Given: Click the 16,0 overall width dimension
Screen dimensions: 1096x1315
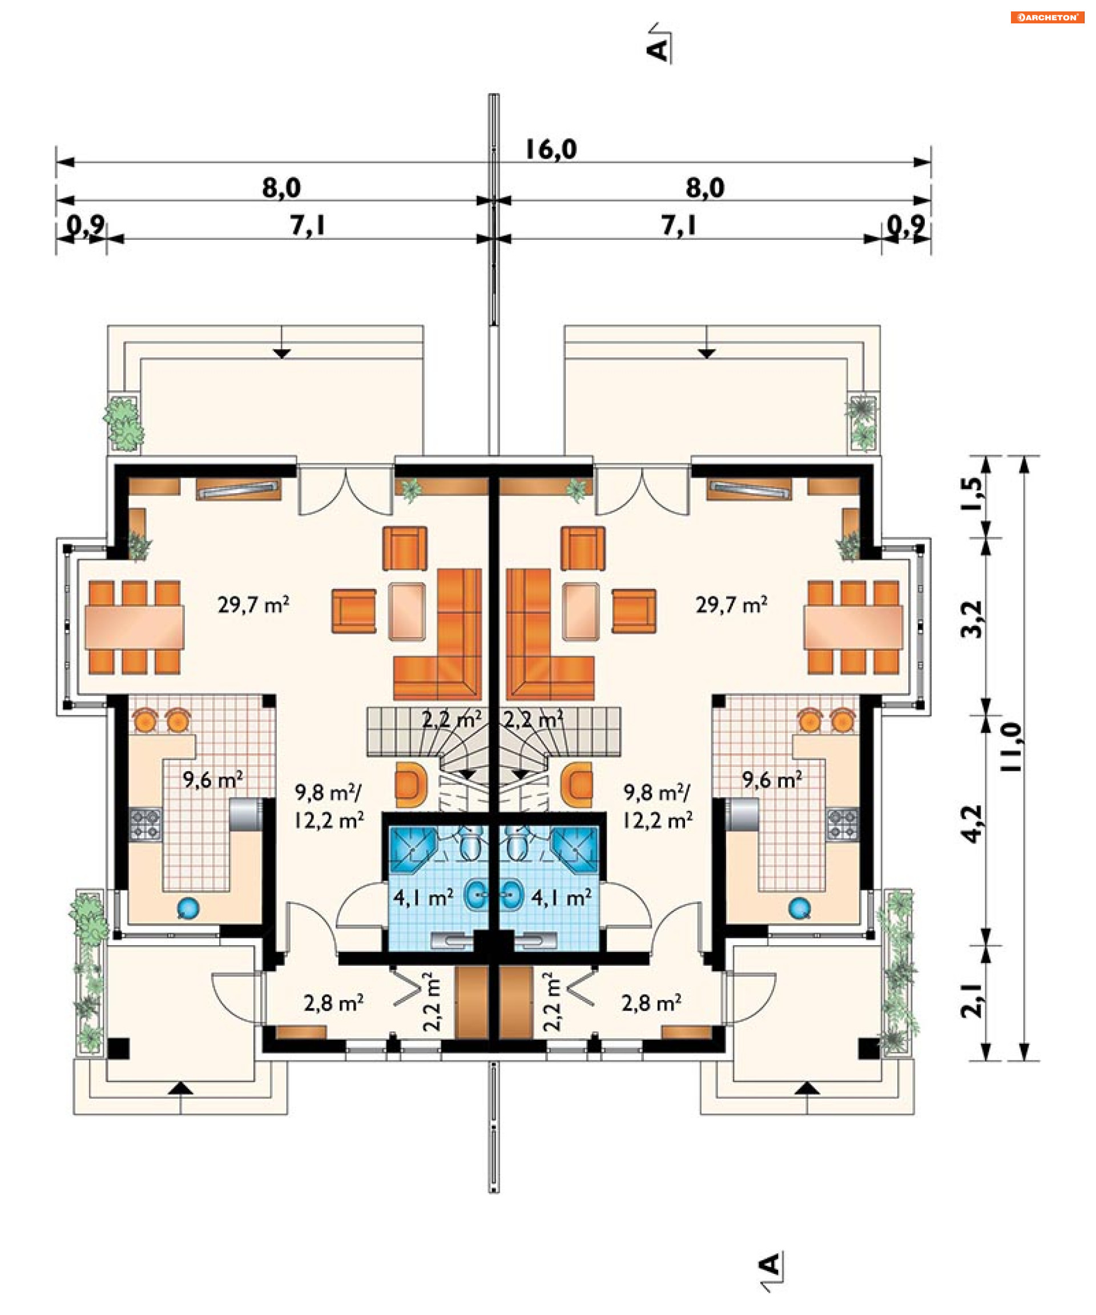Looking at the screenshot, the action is [x=550, y=150].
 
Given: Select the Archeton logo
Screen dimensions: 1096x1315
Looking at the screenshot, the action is [x=1047, y=18].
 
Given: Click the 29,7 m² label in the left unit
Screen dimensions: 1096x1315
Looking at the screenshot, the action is [x=253, y=605].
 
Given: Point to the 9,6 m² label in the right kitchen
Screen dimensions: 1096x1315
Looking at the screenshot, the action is [x=772, y=780].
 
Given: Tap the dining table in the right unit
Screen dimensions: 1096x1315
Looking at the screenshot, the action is [x=853, y=627].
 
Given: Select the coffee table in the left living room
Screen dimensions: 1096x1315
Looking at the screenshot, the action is [x=406, y=611].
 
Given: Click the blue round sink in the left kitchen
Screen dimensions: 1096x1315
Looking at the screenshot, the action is [x=188, y=908].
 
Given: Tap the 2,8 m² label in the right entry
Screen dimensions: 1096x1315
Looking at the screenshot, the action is [x=651, y=1003].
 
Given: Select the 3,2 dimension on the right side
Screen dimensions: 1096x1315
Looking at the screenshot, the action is [x=972, y=619].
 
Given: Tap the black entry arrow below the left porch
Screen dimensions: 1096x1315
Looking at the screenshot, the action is [x=180, y=1088].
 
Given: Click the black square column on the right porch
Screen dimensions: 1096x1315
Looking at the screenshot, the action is [x=869, y=1049].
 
